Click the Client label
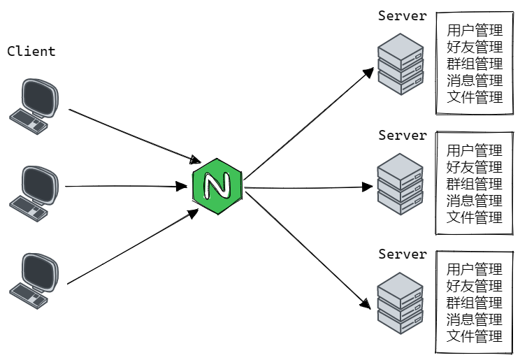pyautogui.click(x=31, y=52)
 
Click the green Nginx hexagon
pyautogui.click(x=217, y=187)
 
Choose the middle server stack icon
pyautogui.click(x=400, y=184)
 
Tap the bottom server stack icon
pyautogui.click(x=400, y=303)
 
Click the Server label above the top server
pyautogui.click(x=403, y=15)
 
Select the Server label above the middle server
pyautogui.click(x=403, y=135)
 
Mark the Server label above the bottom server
pyautogui.click(x=403, y=254)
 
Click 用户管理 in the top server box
pyautogui.click(x=475, y=31)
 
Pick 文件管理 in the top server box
pyautogui.click(x=475, y=98)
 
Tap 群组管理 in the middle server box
pyautogui.click(x=475, y=184)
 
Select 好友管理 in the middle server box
pyautogui.click(x=475, y=167)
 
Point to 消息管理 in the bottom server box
pyautogui.click(x=475, y=319)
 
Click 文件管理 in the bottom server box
pyautogui.click(x=475, y=336)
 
